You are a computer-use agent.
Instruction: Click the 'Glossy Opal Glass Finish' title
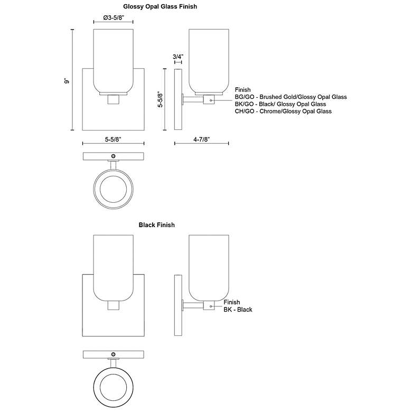coord(160,6)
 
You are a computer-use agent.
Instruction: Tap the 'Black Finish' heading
coord(156,225)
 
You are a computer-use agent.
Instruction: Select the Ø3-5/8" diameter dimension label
coord(114,17)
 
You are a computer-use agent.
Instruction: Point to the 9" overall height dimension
coord(67,81)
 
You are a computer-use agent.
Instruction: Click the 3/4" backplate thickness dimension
coord(178,57)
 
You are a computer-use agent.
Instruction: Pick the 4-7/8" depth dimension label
coord(202,139)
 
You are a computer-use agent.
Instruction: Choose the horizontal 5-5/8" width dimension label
coord(113,139)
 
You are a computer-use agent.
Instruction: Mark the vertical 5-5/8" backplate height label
coord(160,99)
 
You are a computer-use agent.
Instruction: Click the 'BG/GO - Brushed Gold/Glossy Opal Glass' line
coord(291,97)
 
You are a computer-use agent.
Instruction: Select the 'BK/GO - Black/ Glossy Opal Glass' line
coord(280,104)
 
